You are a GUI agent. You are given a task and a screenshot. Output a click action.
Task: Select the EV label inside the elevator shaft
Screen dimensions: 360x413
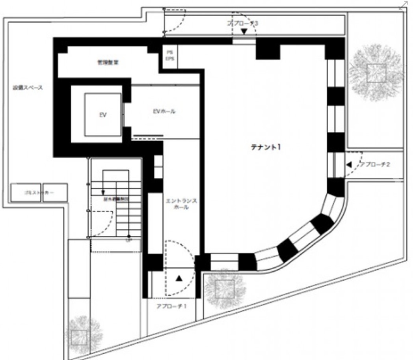coord(102,116)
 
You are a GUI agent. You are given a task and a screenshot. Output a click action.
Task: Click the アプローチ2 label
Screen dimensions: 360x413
coord(376,164)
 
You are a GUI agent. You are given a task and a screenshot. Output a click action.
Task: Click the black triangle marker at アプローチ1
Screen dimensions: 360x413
coord(179,278)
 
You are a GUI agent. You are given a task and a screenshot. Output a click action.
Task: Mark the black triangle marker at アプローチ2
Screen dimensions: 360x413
coord(348,165)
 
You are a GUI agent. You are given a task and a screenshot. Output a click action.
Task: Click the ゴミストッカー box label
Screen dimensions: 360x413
coord(39,193)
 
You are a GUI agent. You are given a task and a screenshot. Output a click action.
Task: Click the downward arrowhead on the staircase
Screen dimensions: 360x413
coord(103,192)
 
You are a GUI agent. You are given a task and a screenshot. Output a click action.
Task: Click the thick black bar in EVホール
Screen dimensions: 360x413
coord(148,136)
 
